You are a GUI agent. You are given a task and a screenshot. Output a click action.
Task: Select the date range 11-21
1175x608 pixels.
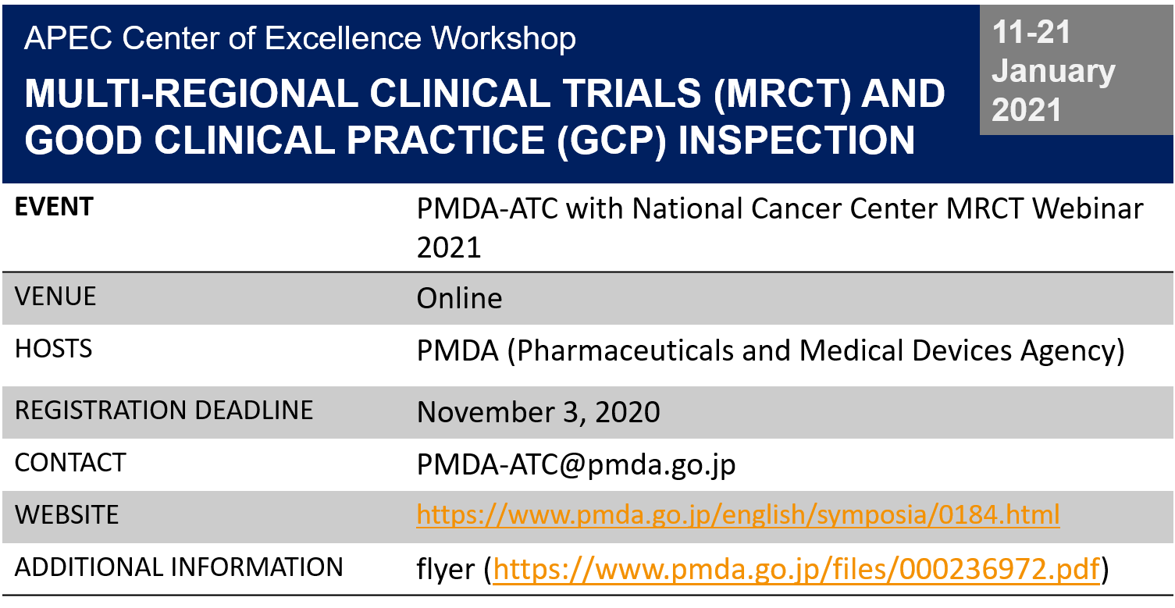[x=1031, y=34]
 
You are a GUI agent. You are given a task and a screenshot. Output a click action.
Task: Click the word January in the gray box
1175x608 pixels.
[x=1053, y=72]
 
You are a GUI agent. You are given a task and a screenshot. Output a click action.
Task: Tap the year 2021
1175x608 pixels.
[x=1027, y=110]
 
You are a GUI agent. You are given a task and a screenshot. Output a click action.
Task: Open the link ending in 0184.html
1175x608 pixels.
[x=738, y=515]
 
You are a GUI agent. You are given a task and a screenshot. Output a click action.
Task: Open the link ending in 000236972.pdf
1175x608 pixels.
[x=796, y=570]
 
